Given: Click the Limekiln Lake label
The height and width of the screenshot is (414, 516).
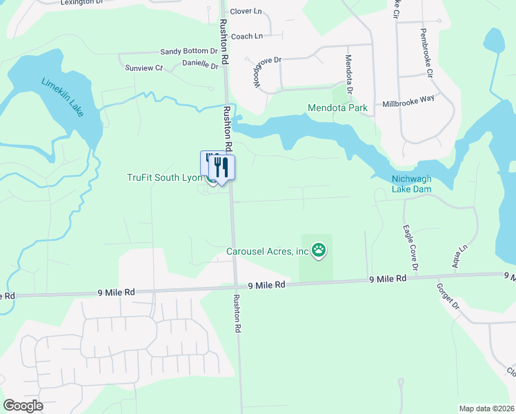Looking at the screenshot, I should (x=62, y=96).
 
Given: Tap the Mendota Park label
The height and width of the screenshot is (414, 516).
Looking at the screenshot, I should (x=337, y=108).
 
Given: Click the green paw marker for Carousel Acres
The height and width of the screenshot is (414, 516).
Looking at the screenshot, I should (x=318, y=250).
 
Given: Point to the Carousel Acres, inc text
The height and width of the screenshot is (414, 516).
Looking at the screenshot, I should (x=268, y=251).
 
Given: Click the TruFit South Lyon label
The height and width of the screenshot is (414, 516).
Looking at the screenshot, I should (x=165, y=177).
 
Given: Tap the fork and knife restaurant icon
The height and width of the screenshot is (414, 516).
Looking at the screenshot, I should (x=222, y=166).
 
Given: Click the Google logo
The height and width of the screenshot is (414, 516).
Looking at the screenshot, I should (x=23, y=406).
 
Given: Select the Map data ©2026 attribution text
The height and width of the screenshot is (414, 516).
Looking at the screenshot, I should (x=486, y=408).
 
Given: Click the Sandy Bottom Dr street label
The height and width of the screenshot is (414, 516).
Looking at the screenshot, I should (x=189, y=52).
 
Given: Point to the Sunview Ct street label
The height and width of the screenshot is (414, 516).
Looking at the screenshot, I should (x=143, y=68).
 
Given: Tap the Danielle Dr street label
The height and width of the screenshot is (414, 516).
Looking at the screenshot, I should (x=200, y=65).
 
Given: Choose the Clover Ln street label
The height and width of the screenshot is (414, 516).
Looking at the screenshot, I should (x=246, y=11).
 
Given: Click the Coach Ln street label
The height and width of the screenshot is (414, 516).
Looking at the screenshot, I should (x=247, y=36).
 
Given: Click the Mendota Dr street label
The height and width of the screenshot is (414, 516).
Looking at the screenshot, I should (x=349, y=75).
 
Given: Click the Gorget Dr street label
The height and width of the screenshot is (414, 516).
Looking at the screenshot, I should (x=448, y=295).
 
